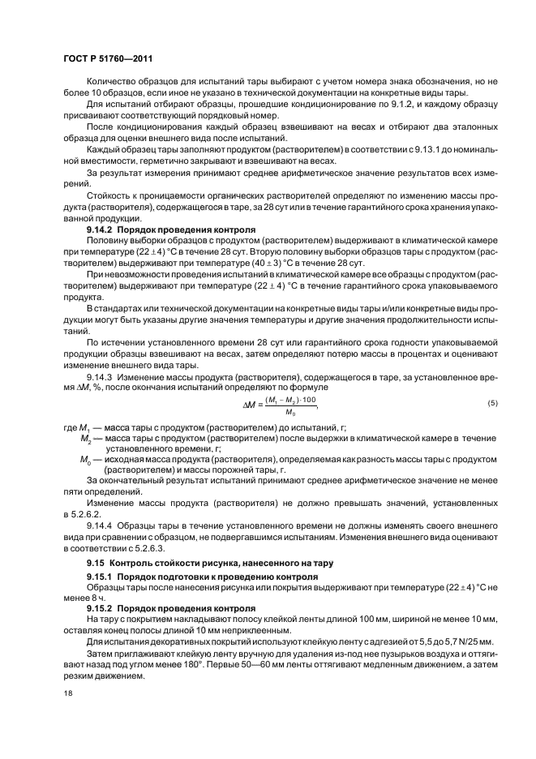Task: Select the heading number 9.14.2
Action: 100,230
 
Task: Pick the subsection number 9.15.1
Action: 100,576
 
